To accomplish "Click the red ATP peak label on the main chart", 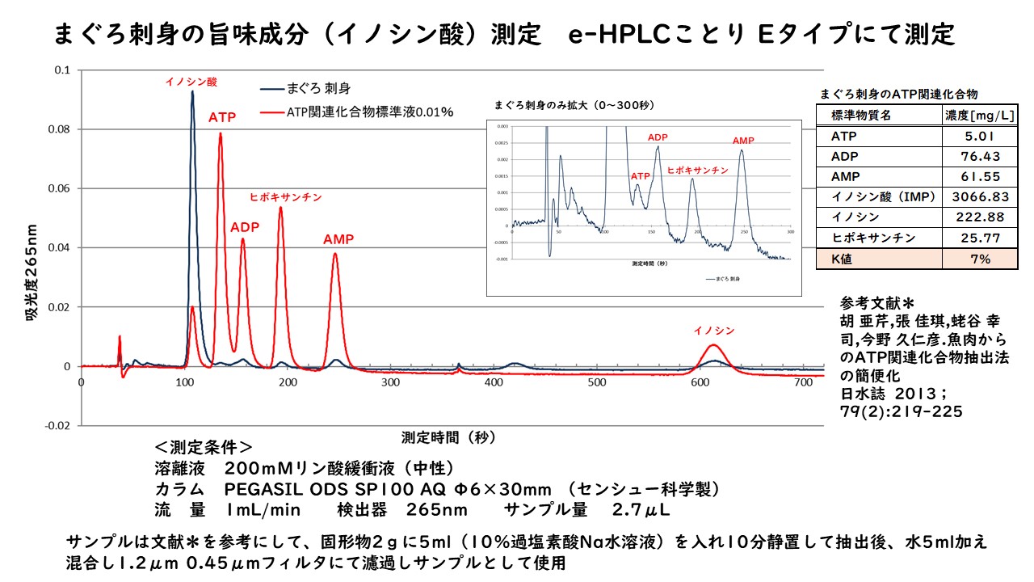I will click(222, 118).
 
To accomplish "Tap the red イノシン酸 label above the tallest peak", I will click(191, 82).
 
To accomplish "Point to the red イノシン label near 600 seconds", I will click(714, 330).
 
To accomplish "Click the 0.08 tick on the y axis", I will click(61, 129).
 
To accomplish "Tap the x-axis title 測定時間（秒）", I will click(449, 437).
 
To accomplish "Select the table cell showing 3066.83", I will click(980, 196).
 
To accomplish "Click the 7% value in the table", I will click(980, 259).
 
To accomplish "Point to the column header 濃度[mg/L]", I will click(980, 115).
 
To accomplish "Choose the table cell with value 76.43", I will click(980, 155).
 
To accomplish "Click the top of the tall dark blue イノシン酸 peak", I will click(192, 92).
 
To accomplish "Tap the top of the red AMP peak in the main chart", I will click(335, 254).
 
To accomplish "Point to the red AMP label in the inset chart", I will click(742, 141).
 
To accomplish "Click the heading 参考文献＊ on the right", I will click(876, 303).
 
